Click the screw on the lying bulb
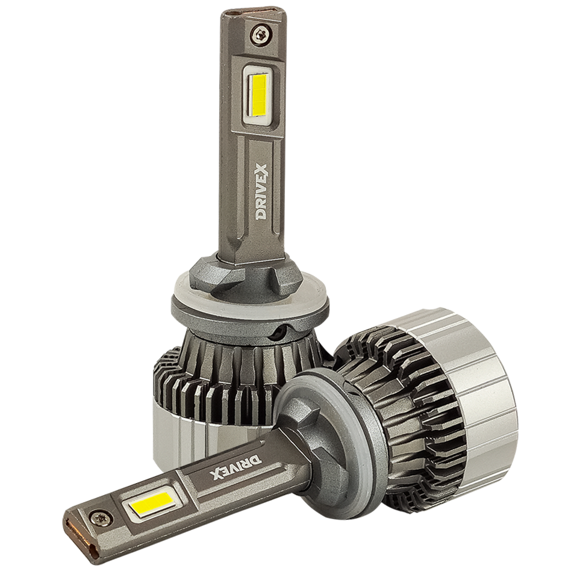tap(99, 517)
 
